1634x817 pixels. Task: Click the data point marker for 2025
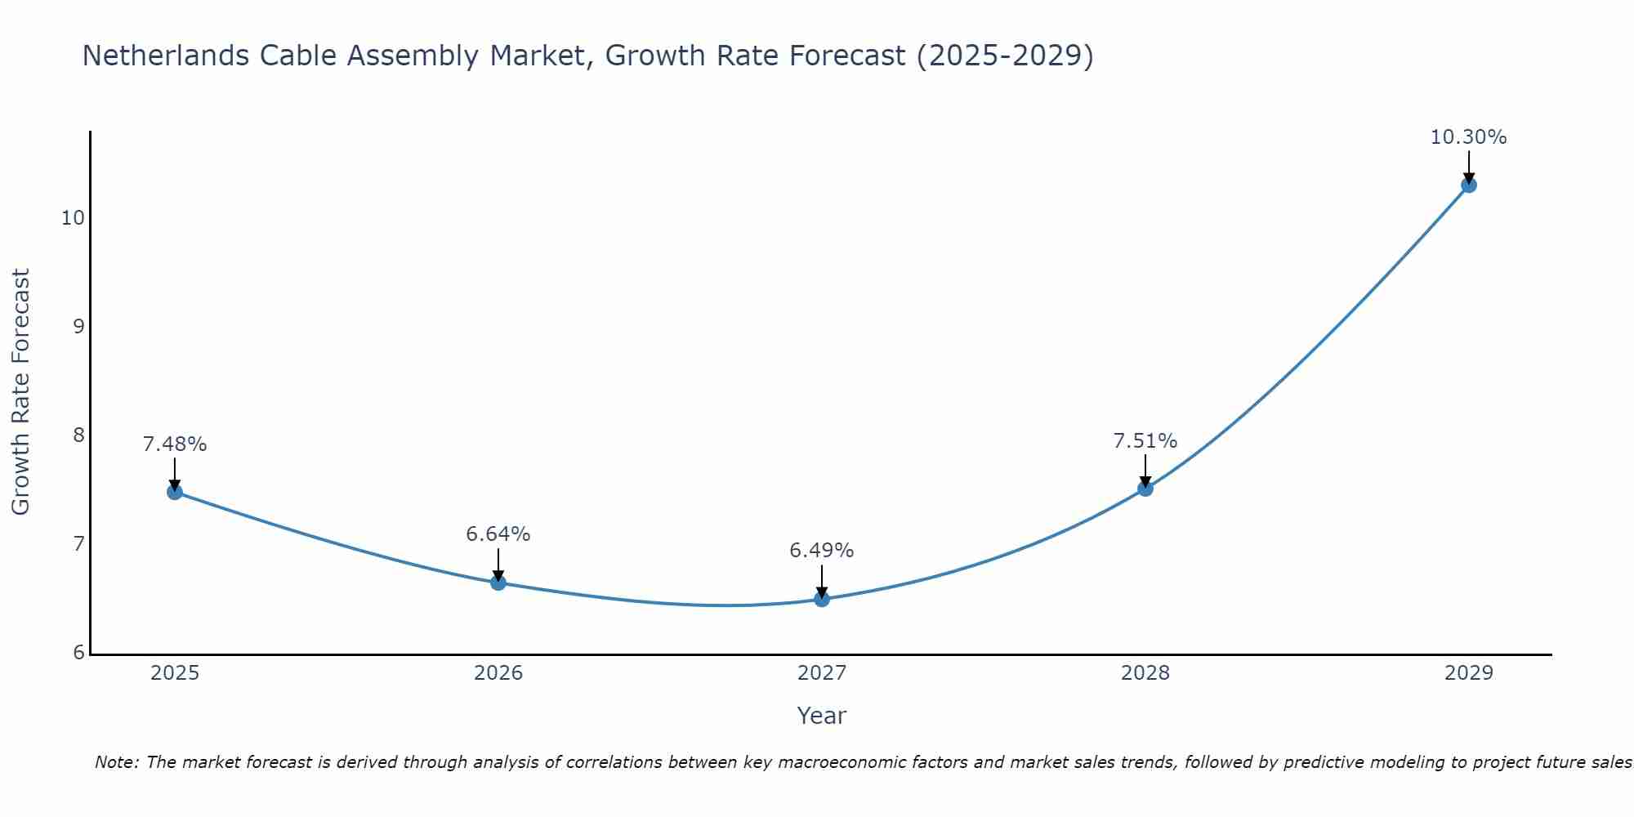(175, 492)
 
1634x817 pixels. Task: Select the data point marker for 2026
(498, 583)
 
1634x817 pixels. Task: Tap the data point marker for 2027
(822, 599)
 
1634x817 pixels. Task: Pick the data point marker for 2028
(1145, 489)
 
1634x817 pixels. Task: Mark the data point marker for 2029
(1468, 185)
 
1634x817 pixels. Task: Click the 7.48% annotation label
(175, 444)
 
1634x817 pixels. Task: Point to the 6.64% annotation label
(498, 534)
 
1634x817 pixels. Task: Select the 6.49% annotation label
(822, 551)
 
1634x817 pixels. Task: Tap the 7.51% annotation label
(1145, 441)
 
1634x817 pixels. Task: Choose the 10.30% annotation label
(1468, 137)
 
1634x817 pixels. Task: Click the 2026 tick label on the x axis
(498, 673)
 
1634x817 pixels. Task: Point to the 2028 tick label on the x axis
(1145, 673)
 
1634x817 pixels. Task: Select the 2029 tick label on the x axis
(1468, 673)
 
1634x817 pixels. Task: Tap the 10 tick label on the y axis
(73, 218)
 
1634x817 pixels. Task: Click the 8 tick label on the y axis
(78, 435)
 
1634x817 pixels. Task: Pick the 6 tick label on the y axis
(78, 652)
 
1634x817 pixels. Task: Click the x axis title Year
(821, 716)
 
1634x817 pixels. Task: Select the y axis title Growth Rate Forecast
(21, 392)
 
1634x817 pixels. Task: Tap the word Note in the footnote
(117, 762)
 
